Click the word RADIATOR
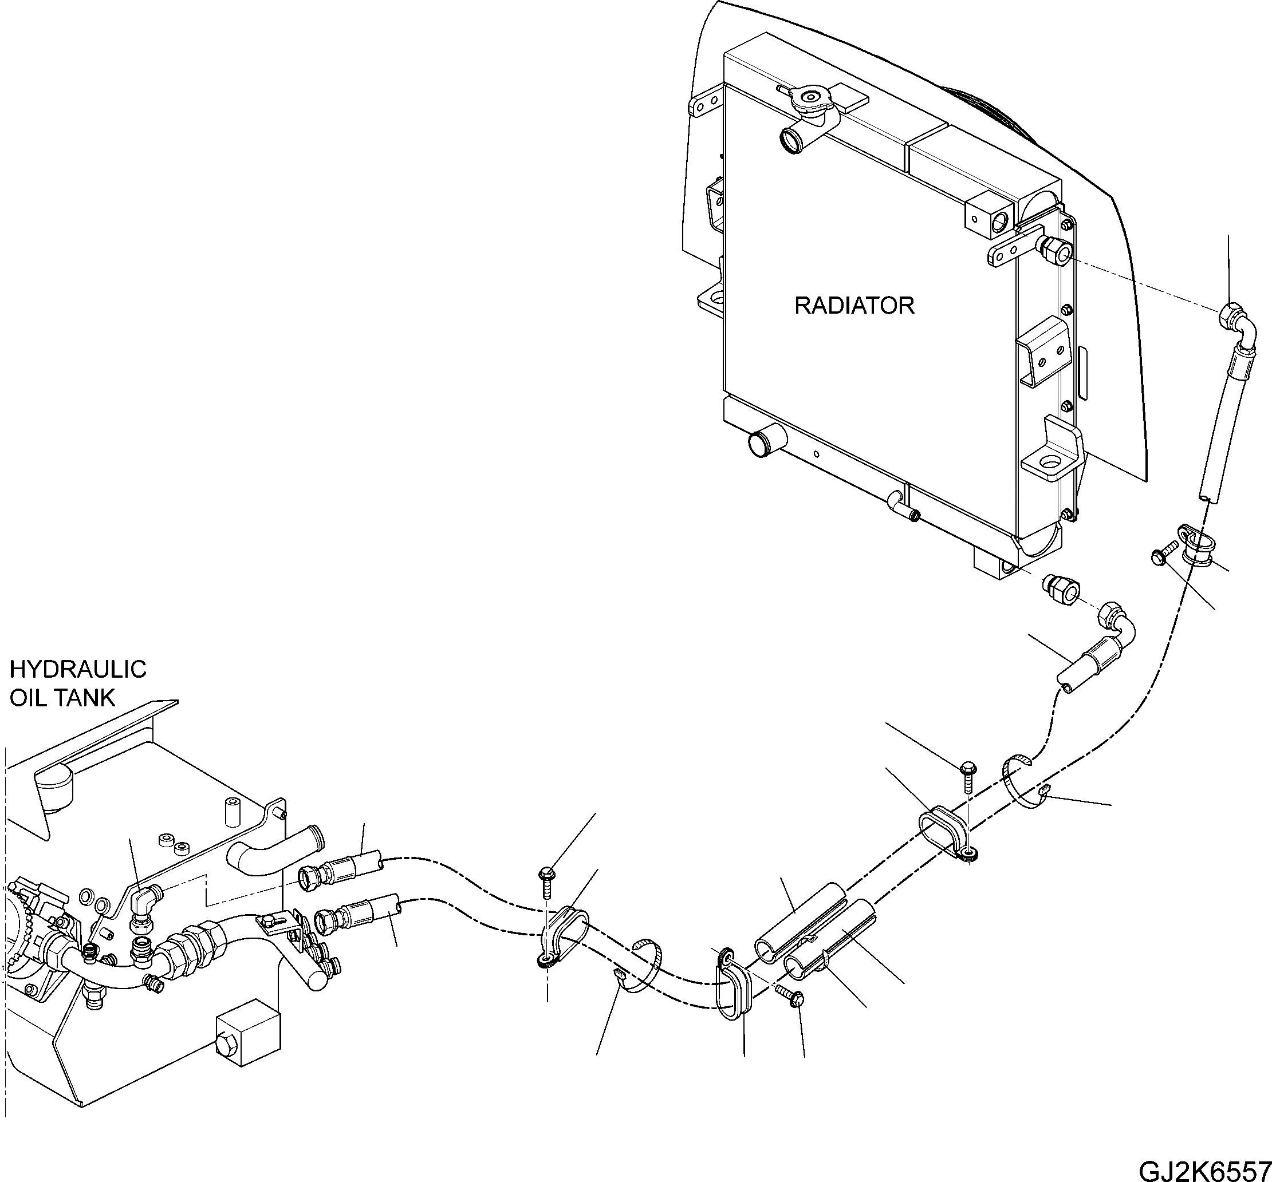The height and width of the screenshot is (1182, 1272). [853, 306]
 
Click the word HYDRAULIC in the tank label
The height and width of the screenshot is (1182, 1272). [77, 669]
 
